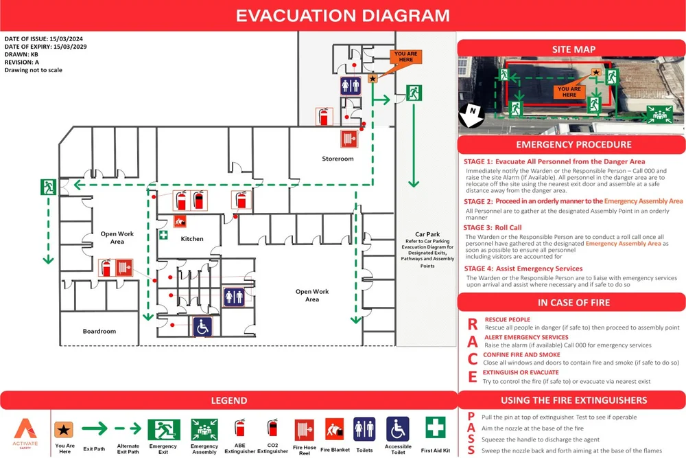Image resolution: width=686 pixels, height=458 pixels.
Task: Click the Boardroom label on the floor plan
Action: click(99, 331)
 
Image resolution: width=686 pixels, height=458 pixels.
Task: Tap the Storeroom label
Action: click(338, 159)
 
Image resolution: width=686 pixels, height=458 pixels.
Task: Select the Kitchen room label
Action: click(192, 239)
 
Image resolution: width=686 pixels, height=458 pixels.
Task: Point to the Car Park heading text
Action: click(427, 234)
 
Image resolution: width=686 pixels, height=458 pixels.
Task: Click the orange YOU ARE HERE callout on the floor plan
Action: click(406, 57)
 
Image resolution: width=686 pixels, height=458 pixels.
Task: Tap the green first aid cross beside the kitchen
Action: click(163, 235)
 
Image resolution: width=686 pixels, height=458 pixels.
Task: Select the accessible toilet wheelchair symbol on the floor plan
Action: click(202, 327)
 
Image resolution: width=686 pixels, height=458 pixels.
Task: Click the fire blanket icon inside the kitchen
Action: click(181, 221)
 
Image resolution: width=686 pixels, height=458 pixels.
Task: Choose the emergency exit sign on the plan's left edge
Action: click(47, 186)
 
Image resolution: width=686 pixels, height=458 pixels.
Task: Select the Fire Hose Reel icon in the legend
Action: click(305, 431)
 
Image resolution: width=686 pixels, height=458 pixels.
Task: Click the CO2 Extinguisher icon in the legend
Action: click(273, 428)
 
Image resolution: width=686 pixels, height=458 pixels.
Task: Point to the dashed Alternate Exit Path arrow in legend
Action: click(128, 429)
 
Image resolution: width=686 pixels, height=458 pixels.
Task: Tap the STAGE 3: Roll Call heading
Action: click(493, 227)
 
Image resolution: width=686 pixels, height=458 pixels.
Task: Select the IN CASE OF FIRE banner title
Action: click(573, 302)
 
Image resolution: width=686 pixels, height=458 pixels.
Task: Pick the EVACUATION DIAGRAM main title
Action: click(343, 16)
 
